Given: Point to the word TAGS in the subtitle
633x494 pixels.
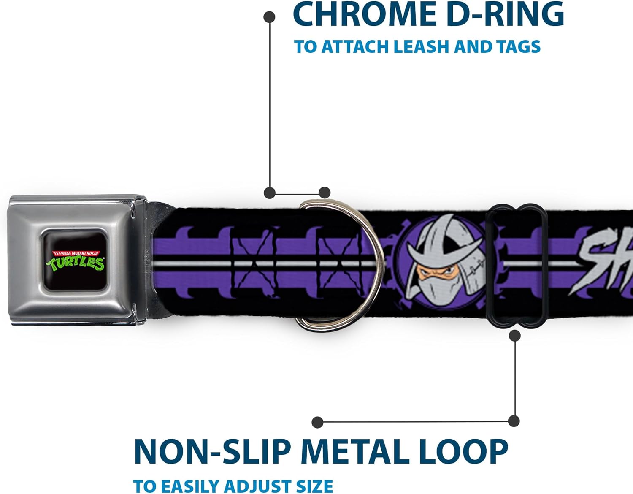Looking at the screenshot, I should point(519,46).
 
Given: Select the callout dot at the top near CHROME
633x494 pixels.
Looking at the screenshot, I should point(269,17).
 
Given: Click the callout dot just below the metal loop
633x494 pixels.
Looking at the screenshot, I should point(514,336).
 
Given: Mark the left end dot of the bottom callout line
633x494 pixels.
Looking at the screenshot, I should point(317,422).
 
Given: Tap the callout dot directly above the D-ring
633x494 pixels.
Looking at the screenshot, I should point(324,193).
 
